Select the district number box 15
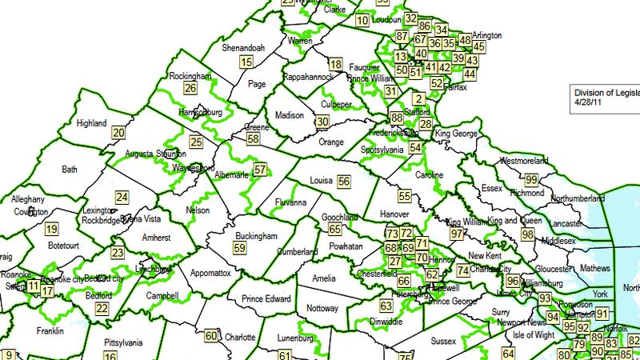click(x=246, y=62)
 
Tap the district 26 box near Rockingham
click(x=190, y=88)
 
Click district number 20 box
click(x=118, y=134)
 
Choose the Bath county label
click(x=70, y=169)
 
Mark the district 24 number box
click(x=122, y=197)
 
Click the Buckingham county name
click(x=256, y=236)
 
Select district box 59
click(x=240, y=248)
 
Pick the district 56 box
click(x=345, y=182)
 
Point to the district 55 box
click(x=405, y=196)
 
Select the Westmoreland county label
click(x=522, y=161)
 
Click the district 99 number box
click(x=531, y=180)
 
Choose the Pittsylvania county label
click(x=122, y=342)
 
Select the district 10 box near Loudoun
click(x=362, y=21)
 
